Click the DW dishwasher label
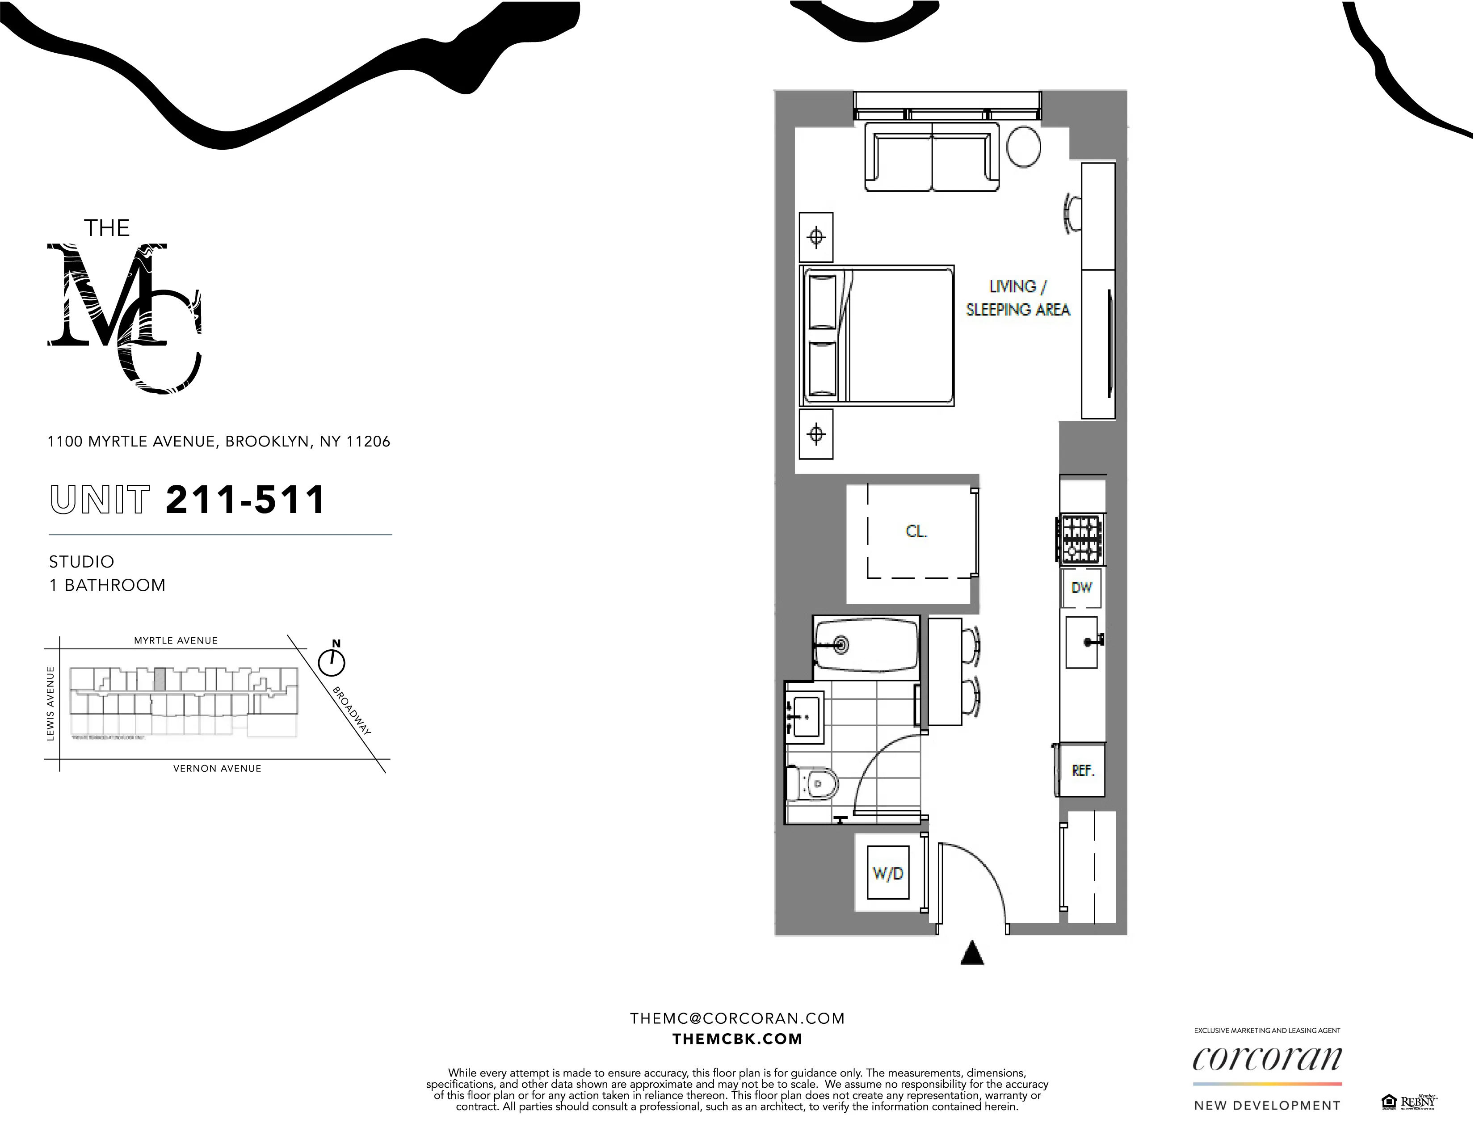tap(1081, 588)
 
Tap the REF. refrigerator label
tap(1083, 770)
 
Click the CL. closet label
tap(916, 531)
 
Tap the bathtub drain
tap(841, 644)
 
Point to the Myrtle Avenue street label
tap(176, 640)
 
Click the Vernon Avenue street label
tap(217, 768)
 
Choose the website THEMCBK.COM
tap(737, 1039)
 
